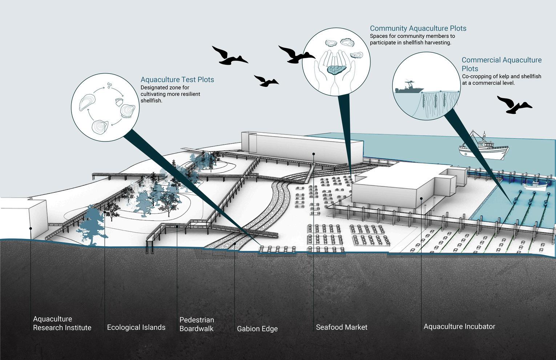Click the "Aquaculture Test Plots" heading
tap(177, 80)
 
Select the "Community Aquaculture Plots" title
tap(418, 28)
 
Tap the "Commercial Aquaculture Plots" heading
tap(501, 64)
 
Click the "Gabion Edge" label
tap(257, 329)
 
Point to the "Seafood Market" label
tap(342, 327)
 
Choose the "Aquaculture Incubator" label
tap(459, 327)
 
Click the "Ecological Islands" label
tap(136, 327)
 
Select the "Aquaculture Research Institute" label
tap(62, 323)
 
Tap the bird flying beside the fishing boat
tap(514, 105)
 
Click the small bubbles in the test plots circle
tap(109, 85)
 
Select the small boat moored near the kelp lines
tap(535, 186)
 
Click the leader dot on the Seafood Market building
tap(314, 154)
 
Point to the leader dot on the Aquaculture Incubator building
tap(421, 199)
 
